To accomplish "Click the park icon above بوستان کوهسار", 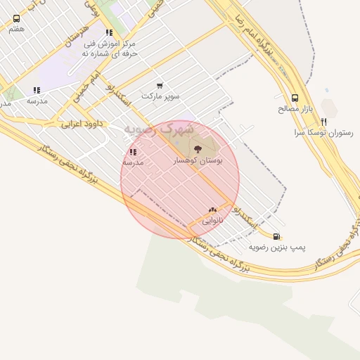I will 198,148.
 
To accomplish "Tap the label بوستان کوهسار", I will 198,161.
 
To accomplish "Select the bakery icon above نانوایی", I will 212,210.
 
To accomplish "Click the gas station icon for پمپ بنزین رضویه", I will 277,236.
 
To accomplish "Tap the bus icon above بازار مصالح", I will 295,98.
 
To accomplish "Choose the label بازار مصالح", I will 295,109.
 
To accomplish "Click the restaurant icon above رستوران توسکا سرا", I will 324,122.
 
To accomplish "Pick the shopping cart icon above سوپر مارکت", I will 160,85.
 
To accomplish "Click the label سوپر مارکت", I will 160,95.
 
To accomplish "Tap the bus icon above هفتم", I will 16,19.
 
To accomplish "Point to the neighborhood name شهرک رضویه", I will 158,129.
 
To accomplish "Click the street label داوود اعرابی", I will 82,124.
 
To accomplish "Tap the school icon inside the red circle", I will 133,152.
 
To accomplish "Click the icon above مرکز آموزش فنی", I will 109,32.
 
